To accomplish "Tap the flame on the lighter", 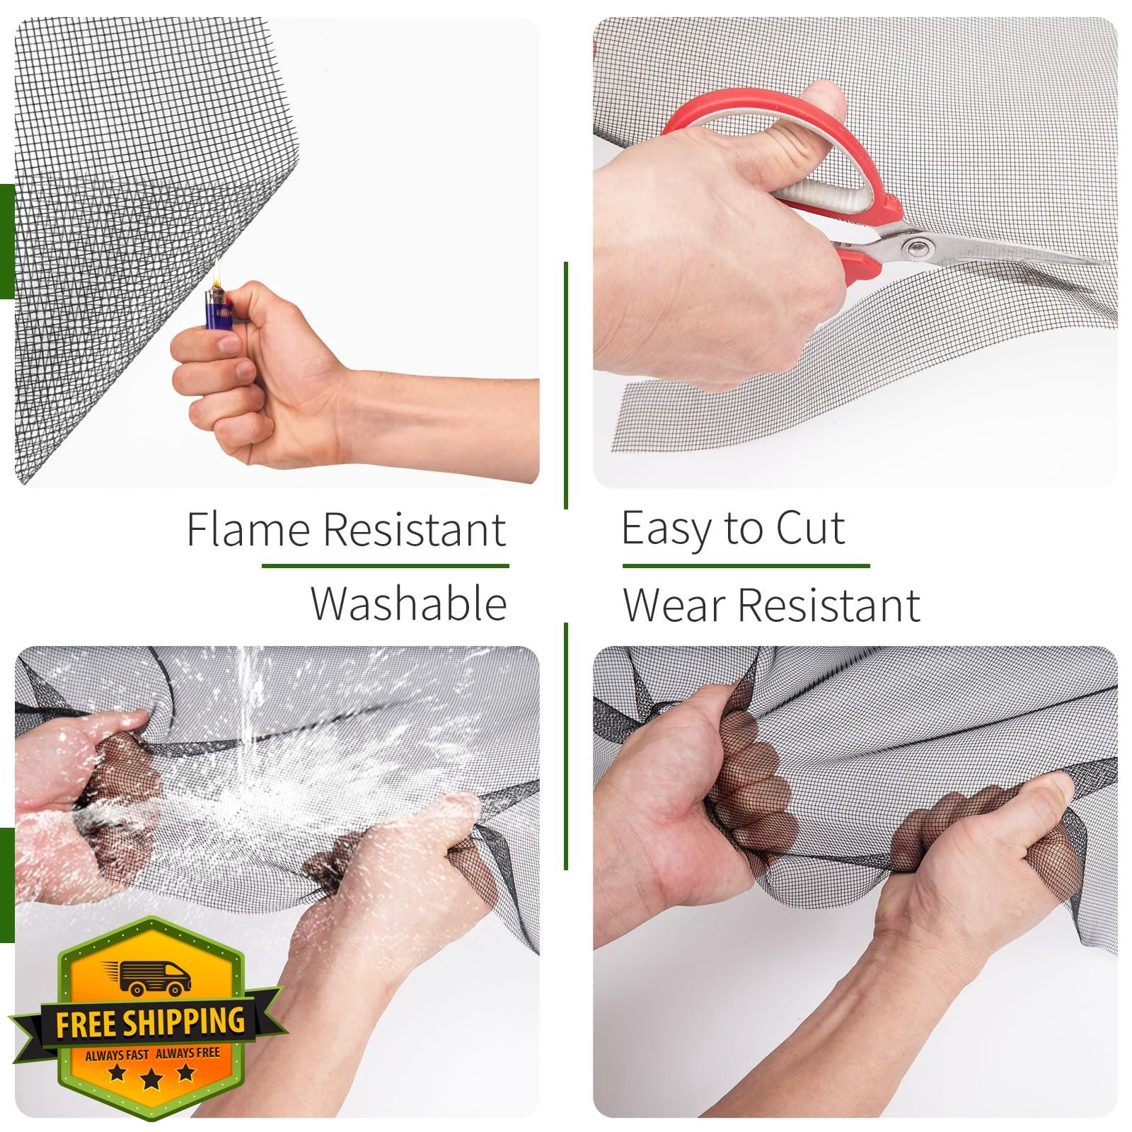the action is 218,273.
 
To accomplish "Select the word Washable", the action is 409,603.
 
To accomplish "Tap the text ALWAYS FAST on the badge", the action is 117,1055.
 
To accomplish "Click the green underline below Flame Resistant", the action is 386,566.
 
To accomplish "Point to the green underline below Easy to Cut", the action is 746,566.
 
